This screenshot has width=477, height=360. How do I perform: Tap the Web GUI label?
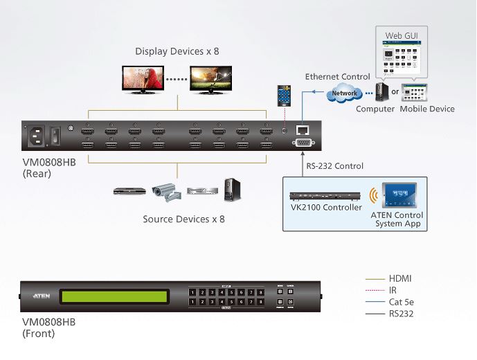click(397, 35)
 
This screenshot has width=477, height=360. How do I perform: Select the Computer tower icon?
click(380, 92)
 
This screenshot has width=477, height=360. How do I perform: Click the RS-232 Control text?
click(335, 166)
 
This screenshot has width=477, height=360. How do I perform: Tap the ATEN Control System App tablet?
click(397, 196)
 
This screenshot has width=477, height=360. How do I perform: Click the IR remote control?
click(282, 95)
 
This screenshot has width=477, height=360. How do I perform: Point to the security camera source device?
click(165, 190)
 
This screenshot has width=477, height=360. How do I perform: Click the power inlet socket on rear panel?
click(39, 136)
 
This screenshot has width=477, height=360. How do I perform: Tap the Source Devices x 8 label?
click(183, 219)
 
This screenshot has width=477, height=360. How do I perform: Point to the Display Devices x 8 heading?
click(177, 51)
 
